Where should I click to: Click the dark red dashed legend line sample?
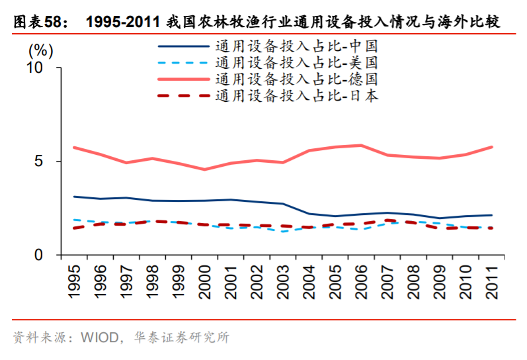pos(183,95)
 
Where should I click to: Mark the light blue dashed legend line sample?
pos(183,63)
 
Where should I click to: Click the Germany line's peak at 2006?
pos(360,146)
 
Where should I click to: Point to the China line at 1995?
pos(75,197)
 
